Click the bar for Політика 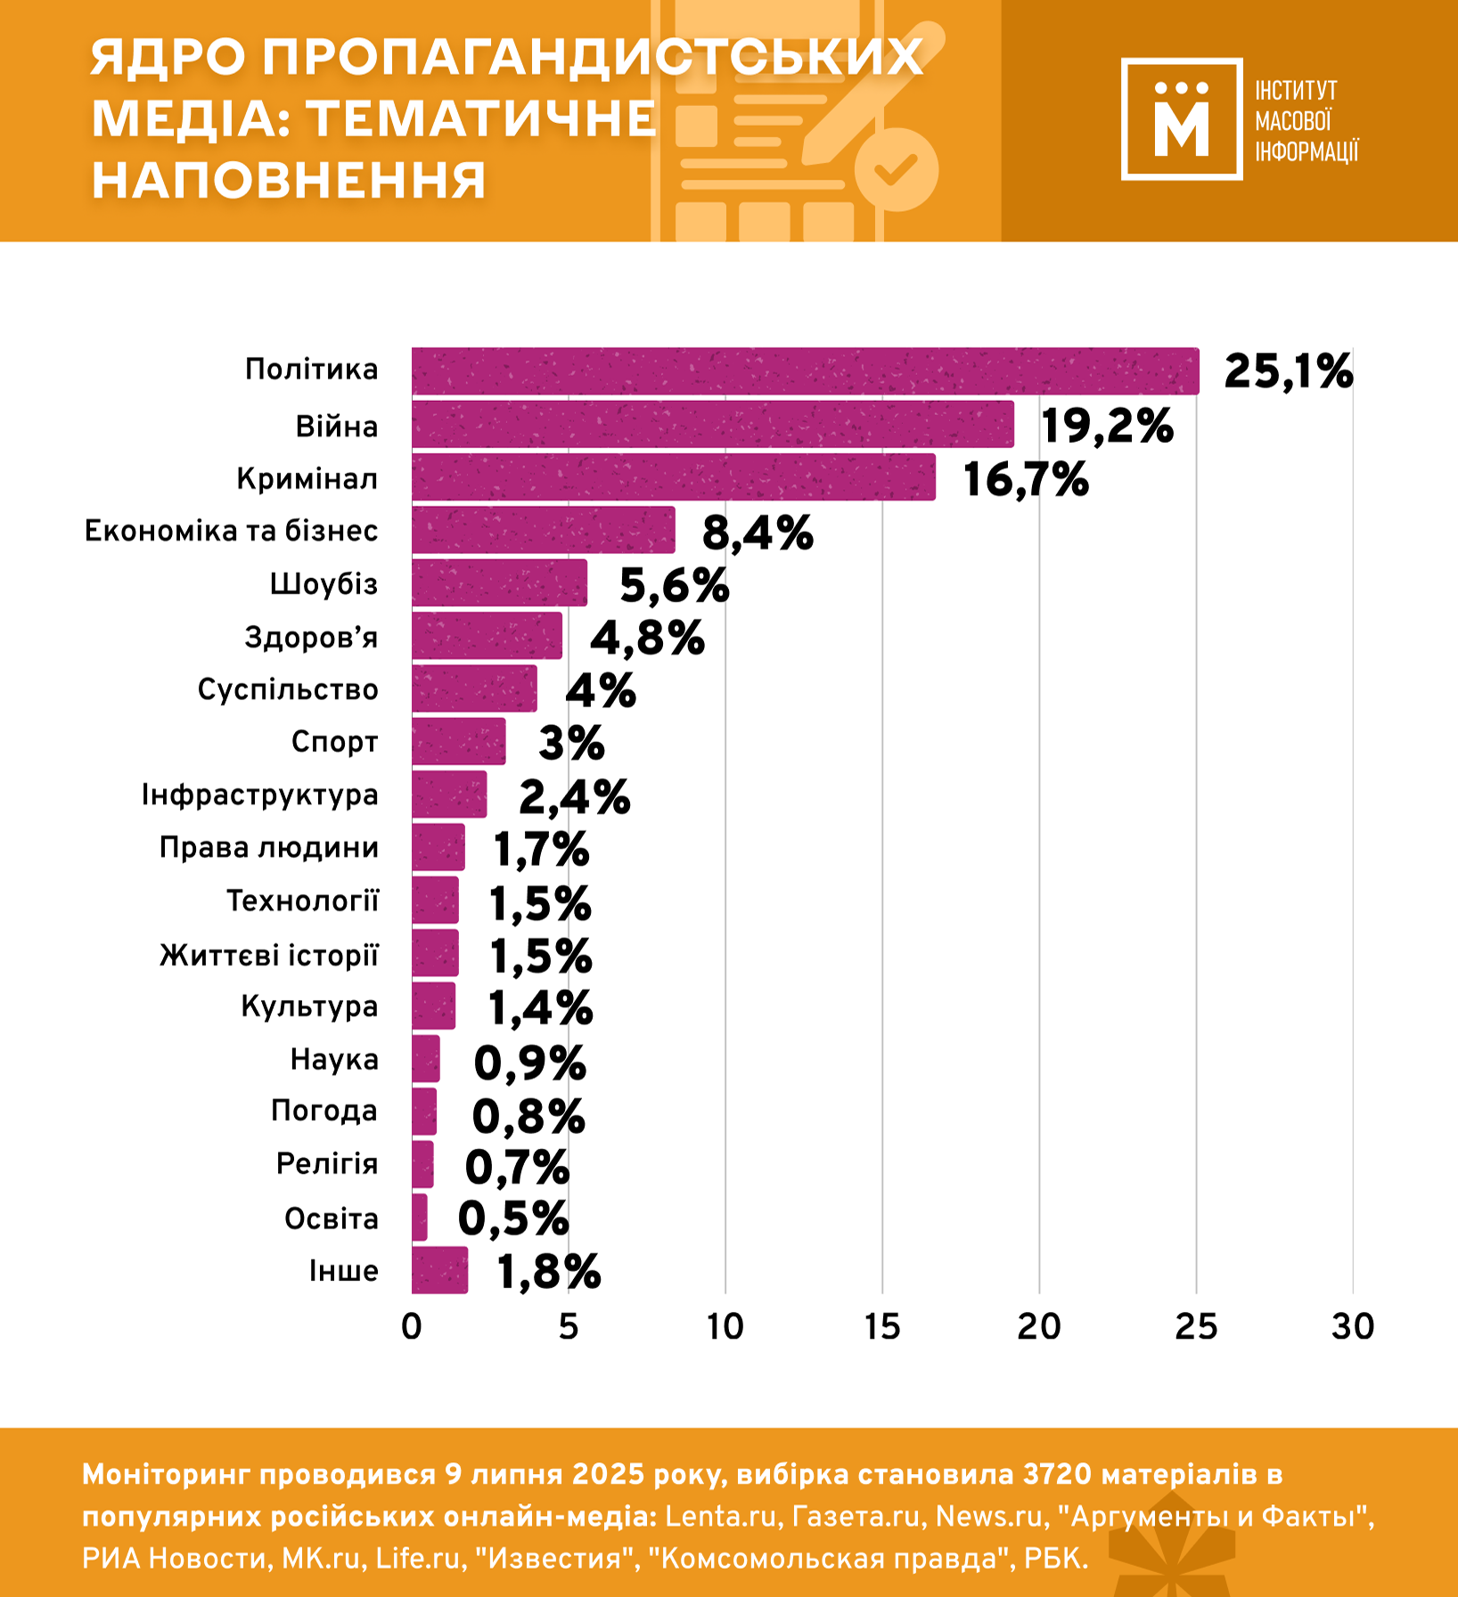[x=805, y=371]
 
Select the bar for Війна [x=712, y=424]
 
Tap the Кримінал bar [x=673, y=477]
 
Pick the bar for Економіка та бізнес [x=543, y=530]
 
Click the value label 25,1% [x=1288, y=371]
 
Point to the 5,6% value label [x=674, y=585]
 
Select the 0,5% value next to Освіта [x=512, y=1218]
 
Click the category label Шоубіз [x=324, y=584]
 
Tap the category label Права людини [x=268, y=847]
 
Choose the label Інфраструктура [x=259, y=794]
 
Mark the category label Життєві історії [x=268, y=955]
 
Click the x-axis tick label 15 [x=881, y=1327]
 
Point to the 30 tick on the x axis [x=1352, y=1327]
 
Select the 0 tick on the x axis [x=411, y=1327]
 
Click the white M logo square [x=1181, y=119]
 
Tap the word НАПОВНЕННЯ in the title [x=289, y=180]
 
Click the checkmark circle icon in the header [x=896, y=169]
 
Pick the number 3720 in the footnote [x=1057, y=1474]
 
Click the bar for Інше [x=439, y=1270]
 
